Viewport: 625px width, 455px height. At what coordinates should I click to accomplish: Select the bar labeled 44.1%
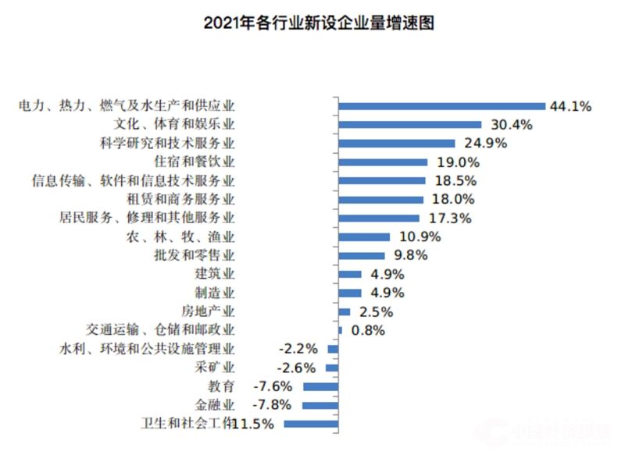coord(441,106)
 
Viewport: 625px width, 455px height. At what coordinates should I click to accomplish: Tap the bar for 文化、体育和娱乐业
coord(410,125)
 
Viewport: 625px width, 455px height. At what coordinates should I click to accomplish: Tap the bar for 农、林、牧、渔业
coord(364,236)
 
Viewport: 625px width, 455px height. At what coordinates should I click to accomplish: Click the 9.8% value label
coord(411,255)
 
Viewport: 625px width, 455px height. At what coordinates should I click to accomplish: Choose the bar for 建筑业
coord(350,274)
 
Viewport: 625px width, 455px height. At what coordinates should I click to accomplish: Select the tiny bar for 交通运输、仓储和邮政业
coord(341,330)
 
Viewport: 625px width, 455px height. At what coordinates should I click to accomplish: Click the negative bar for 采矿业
coord(332,368)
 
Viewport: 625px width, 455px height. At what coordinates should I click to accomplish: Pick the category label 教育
coord(221,386)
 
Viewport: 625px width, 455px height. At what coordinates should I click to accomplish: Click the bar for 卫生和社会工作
coord(311,424)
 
